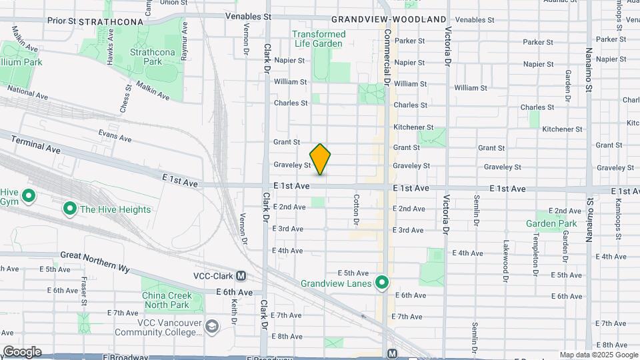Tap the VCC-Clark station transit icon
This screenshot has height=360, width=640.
[x=241, y=276]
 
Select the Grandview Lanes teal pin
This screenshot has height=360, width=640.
[x=382, y=283]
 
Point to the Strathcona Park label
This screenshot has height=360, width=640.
[x=146, y=57]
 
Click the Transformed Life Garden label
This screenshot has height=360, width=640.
[x=319, y=39]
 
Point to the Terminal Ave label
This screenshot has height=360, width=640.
[x=35, y=142]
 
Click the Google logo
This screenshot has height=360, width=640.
[x=21, y=351]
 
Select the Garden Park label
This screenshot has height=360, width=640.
[x=551, y=223]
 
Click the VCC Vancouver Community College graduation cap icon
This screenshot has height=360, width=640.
[x=212, y=326]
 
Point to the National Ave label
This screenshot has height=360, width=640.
[x=29, y=92]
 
